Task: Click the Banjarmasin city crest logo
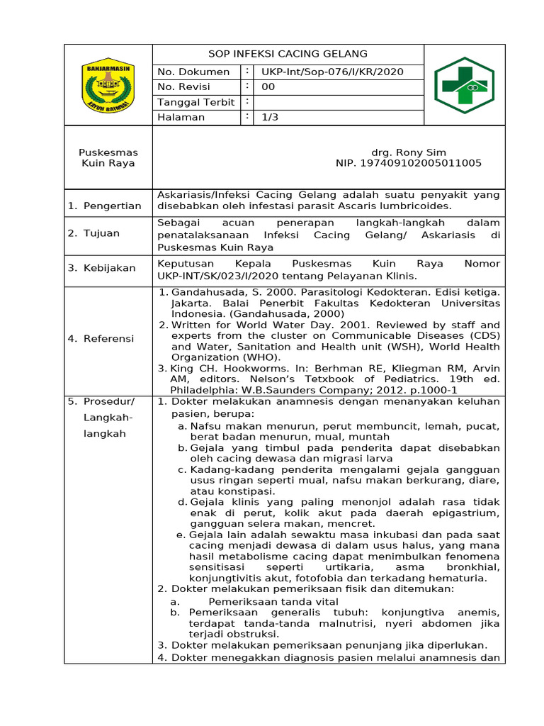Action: pyautogui.click(x=108, y=85)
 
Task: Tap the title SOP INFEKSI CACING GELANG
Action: pyautogui.click(x=288, y=54)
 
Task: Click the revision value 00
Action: pyautogui.click(x=268, y=87)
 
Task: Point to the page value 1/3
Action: pyautogui.click(x=270, y=118)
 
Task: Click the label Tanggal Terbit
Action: pyautogui.click(x=196, y=102)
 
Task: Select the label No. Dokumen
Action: pyautogui.click(x=193, y=72)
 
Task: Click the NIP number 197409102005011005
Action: pyautogui.click(x=408, y=163)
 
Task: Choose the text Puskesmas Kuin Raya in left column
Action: pyautogui.click(x=108, y=157)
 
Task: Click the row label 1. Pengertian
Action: pyautogui.click(x=105, y=206)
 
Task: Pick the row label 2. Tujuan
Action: pyautogui.click(x=93, y=233)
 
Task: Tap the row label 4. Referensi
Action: pyautogui.click(x=101, y=338)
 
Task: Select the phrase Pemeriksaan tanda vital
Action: pyautogui.click(x=263, y=601)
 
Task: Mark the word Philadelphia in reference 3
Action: pyautogui.click(x=203, y=390)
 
